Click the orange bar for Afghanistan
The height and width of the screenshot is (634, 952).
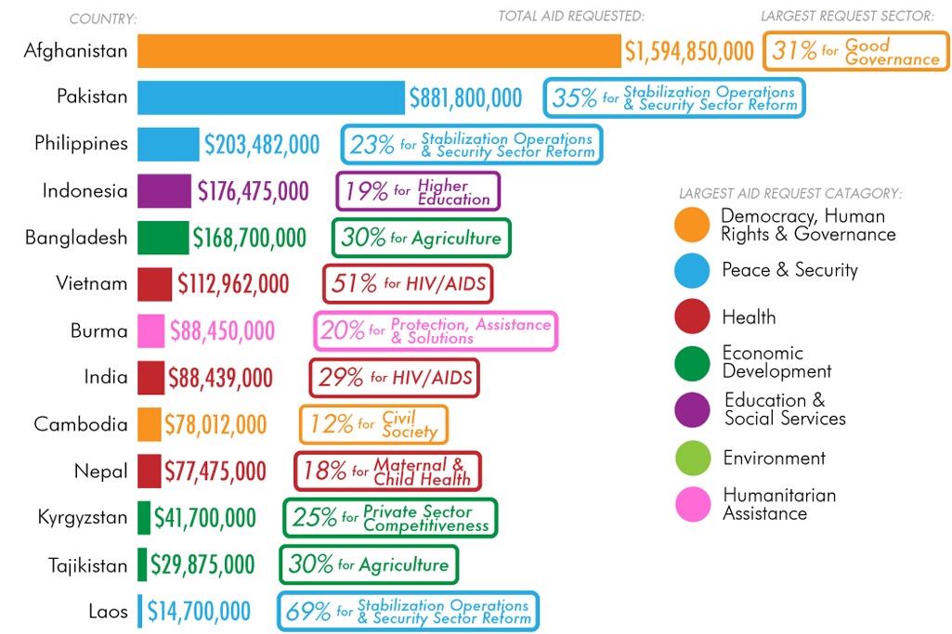pos(379,51)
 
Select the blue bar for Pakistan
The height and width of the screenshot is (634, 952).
pos(272,97)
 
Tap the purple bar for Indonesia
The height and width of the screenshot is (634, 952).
pos(164,191)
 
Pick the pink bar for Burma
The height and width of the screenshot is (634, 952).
pos(150,331)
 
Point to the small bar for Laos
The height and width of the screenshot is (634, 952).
pos(140,611)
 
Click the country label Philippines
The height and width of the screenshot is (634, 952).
pos(81,144)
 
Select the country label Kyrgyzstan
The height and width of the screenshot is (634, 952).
pos(83,517)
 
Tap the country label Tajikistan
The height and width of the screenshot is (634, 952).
pos(88,564)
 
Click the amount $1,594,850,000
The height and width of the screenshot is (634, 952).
pos(689,51)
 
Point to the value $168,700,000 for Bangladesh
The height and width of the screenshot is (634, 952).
pos(249,238)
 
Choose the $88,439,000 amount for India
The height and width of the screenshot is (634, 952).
pos(220,378)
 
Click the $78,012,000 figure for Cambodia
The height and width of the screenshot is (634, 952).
pos(215,424)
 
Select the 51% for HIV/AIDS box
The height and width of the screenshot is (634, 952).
pos(408,284)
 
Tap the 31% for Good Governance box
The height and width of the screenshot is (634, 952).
pos(855,51)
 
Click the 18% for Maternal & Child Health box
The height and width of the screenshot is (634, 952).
pos(386,472)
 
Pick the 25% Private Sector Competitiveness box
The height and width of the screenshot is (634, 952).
pos(390,518)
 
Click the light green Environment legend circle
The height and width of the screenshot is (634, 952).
pos(692,459)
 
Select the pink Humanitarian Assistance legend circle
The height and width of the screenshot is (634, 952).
pos(692,504)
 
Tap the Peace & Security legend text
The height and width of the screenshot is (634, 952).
pos(789,270)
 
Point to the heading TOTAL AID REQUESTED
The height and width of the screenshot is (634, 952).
pos(571,16)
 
